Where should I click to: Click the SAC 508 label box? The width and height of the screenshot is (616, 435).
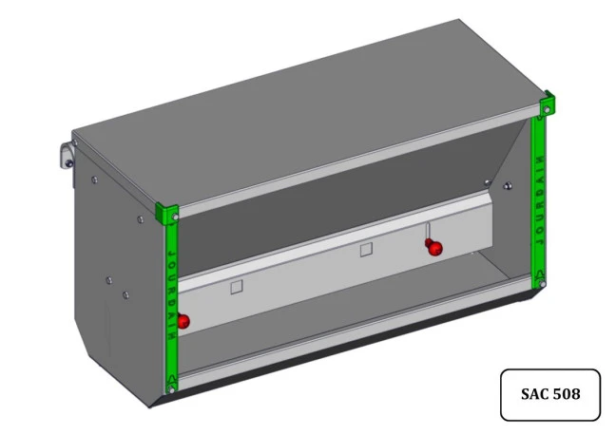click(550, 394)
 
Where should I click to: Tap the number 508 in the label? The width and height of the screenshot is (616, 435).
click(565, 394)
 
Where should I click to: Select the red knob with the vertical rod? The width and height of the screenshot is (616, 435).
click(434, 248)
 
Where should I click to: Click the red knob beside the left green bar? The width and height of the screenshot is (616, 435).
click(183, 321)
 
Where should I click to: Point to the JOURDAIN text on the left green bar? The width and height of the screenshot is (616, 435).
click(172, 294)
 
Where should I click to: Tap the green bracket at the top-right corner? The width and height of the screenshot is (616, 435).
click(548, 104)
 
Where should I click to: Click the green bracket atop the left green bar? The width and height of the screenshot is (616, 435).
click(167, 213)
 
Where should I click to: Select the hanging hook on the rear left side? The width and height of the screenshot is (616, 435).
click(67, 155)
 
